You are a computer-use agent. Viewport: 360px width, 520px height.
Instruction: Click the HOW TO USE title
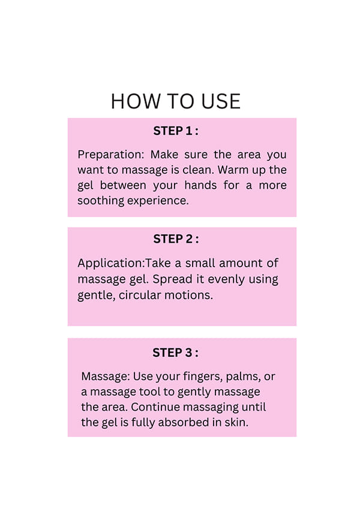point(176,101)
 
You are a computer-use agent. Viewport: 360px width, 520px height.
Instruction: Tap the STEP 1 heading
point(176,131)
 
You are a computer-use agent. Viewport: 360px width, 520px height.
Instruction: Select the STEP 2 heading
point(176,239)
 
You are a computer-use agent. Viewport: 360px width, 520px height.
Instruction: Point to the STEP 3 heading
point(175,353)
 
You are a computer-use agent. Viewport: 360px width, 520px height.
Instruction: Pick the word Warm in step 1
point(233,170)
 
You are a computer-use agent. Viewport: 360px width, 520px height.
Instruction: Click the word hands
point(200,185)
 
